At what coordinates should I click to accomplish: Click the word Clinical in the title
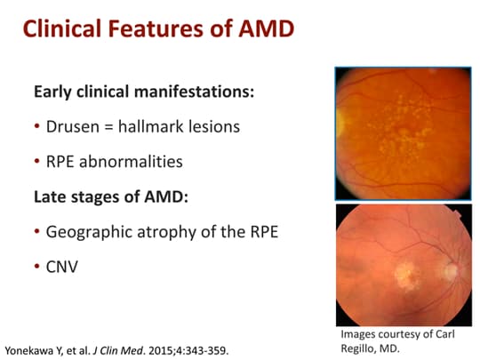click(63, 30)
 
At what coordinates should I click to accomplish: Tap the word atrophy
click(178, 232)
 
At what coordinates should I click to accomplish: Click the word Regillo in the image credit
click(360, 347)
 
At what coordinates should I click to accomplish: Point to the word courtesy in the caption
click(398, 334)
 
